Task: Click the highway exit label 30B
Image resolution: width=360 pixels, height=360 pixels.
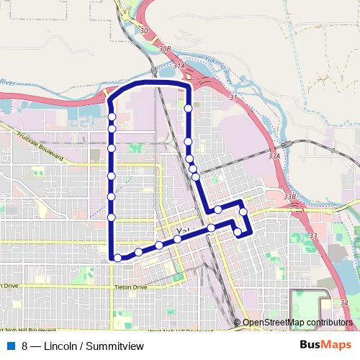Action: tap(166, 49)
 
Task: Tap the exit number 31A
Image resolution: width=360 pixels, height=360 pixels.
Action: tap(179, 66)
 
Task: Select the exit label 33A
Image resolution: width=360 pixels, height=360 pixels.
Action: tap(273, 155)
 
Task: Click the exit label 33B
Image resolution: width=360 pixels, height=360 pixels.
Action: tap(290, 196)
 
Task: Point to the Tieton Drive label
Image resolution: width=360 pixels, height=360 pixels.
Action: tap(130, 287)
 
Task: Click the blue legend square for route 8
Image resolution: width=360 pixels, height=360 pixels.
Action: tap(11, 346)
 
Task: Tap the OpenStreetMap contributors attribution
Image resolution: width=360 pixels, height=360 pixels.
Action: tap(297, 322)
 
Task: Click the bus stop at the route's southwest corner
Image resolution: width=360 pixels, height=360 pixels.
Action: tap(117, 257)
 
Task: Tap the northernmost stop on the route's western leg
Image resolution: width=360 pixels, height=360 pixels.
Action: tap(112, 116)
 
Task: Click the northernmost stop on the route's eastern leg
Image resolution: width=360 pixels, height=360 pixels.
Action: tap(188, 109)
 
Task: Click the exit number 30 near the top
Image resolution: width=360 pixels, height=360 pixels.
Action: tap(144, 30)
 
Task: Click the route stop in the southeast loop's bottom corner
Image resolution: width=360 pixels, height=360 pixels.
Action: tap(238, 232)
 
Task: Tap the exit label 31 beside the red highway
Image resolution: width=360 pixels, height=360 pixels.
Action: tap(233, 96)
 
